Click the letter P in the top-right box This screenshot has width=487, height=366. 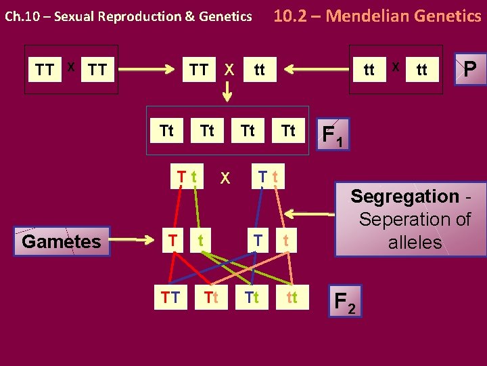[x=469, y=68]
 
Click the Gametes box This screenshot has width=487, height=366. [x=61, y=241]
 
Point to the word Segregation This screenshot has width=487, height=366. [x=405, y=197]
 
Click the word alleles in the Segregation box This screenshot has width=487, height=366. [x=415, y=243]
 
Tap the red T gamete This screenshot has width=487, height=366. [x=173, y=239]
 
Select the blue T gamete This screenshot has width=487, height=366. [x=256, y=239]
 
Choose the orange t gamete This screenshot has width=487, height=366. [x=287, y=239]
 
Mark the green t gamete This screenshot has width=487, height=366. [x=201, y=239]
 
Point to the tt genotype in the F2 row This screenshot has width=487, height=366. [x=292, y=297]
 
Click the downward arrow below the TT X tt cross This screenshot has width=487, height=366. [x=228, y=91]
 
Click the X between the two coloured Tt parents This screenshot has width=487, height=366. [x=226, y=178]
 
